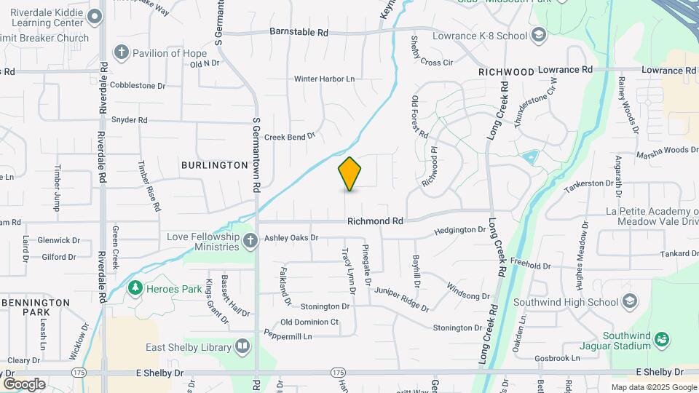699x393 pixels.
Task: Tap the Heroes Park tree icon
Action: click(135, 289)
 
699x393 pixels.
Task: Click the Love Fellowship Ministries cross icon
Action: click(250, 241)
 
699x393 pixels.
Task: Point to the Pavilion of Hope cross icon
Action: click(121, 53)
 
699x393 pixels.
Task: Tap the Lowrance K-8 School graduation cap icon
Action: click(538, 35)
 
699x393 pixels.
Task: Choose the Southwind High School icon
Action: click(630, 302)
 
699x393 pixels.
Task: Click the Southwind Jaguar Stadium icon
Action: click(661, 338)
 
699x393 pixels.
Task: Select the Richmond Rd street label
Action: click(375, 221)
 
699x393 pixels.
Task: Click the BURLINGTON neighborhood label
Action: click(215, 165)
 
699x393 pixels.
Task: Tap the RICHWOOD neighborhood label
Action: click(507, 72)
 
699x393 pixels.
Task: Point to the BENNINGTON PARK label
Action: click(36, 306)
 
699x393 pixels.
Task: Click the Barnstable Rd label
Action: click(299, 33)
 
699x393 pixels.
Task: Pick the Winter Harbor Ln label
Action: click(324, 79)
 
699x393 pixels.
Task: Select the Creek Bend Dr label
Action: click(289, 136)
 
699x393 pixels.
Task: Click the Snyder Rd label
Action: click(129, 120)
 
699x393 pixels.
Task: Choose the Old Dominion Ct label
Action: click(309, 322)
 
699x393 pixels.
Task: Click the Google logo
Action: click(24, 384)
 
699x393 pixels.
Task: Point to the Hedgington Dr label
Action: click(459, 230)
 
